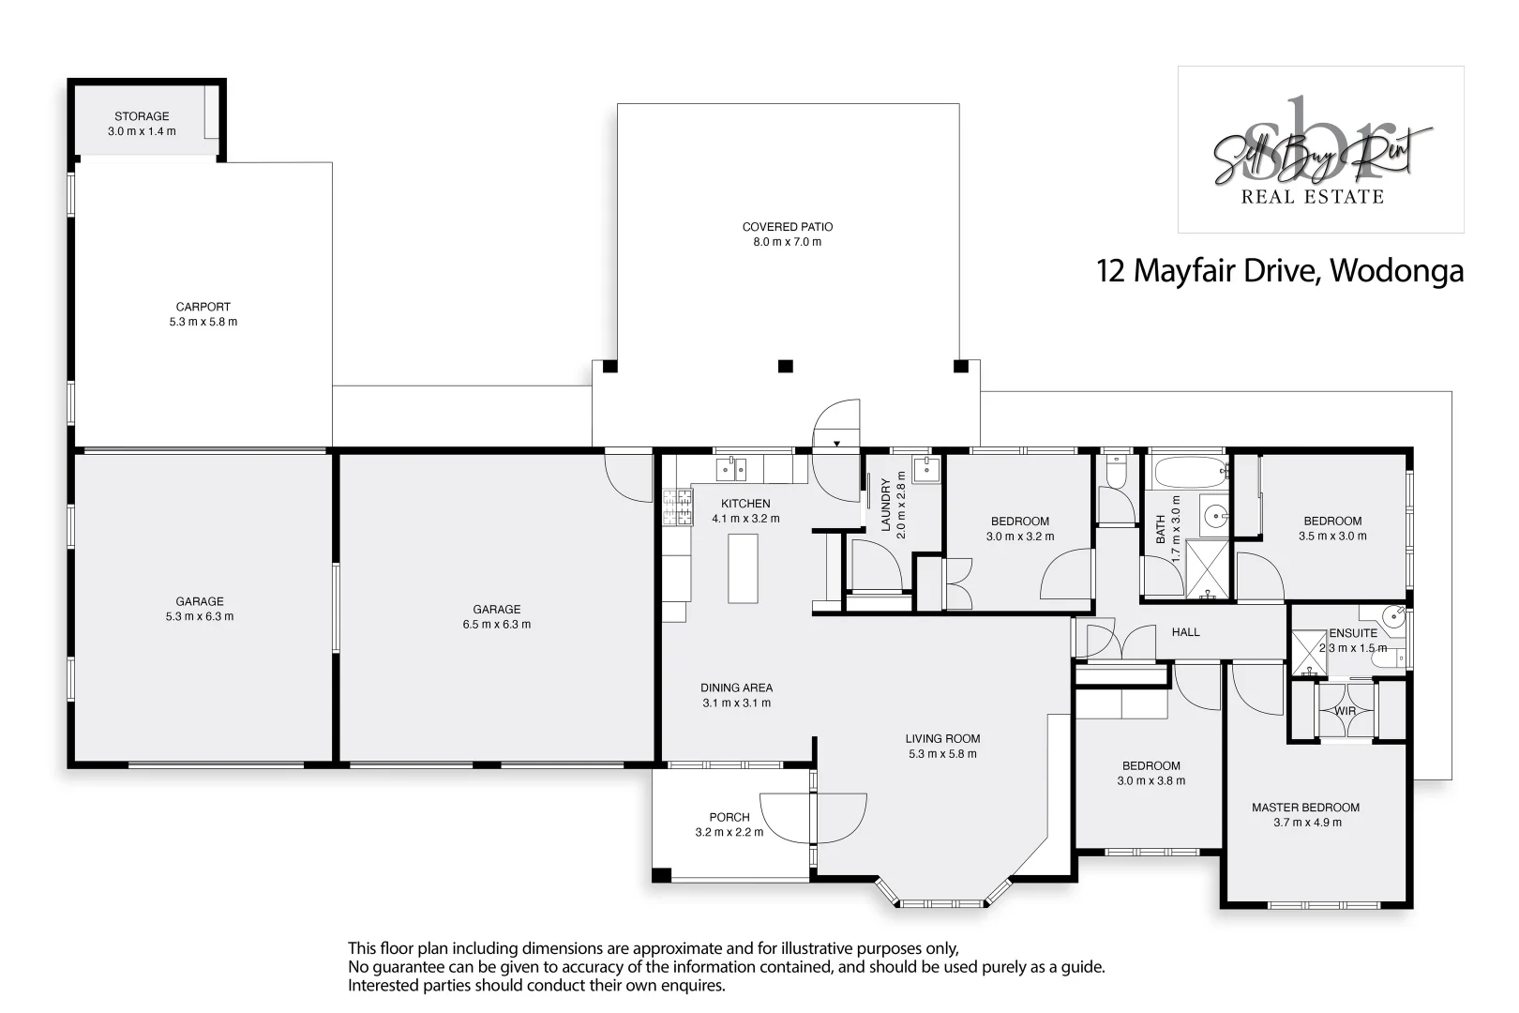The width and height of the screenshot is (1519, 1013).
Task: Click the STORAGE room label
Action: pos(142,116)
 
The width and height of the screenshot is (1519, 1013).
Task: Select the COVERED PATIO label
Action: pos(788,227)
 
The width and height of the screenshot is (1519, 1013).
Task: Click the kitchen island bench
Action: pos(744,568)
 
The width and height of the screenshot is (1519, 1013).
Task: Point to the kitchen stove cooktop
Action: pos(677,507)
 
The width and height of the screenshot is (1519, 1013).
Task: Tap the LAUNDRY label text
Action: pos(885,505)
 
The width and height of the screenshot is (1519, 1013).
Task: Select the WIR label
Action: pos(1346,711)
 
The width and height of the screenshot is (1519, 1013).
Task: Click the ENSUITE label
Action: pos(1353,633)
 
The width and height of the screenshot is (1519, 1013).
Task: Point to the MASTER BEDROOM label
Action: pos(1305,808)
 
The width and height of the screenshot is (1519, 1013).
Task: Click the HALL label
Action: pos(1185,632)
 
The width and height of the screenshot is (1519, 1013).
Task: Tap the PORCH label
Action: pos(729,817)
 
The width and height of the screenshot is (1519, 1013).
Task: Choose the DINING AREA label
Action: pos(736,688)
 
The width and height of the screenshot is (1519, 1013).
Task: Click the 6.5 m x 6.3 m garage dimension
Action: pos(496,625)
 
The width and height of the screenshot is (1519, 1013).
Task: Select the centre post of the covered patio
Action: pos(786,366)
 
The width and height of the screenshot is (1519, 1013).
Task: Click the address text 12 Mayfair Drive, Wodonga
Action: pos(1280,271)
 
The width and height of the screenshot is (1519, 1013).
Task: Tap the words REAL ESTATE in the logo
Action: pos(1312,197)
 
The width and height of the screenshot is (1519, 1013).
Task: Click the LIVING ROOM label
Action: pos(942,738)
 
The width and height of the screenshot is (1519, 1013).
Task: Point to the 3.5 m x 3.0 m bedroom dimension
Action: pos(1331,537)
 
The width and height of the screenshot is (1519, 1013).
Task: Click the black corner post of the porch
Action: pos(662,875)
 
